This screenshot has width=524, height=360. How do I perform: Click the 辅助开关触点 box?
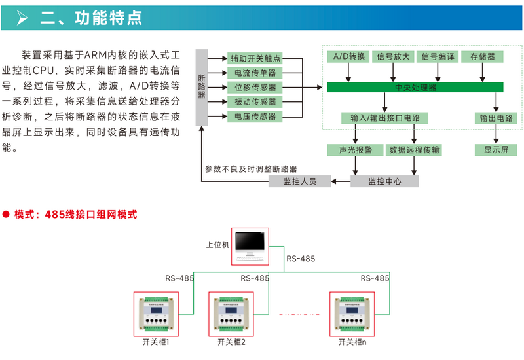[255, 58]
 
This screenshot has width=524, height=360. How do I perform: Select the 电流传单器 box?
[255, 73]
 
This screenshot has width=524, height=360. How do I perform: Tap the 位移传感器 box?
[255, 87]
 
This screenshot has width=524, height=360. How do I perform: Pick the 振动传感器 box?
[255, 101]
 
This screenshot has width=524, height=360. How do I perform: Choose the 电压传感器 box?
[255, 116]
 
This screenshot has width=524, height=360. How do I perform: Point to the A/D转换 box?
[348, 56]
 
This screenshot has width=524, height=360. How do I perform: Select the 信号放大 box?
[394, 56]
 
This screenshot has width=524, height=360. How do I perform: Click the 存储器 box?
[483, 56]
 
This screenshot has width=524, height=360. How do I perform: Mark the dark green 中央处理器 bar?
[415, 87]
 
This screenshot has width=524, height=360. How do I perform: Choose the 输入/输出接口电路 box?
[385, 118]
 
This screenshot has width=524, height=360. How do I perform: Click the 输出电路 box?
[496, 118]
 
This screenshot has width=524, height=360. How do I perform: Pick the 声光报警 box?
[356, 150]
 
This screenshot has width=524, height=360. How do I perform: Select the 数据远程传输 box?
[415, 150]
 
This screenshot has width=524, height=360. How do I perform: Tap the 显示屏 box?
[496, 150]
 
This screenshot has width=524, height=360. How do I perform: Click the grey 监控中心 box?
[384, 181]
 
